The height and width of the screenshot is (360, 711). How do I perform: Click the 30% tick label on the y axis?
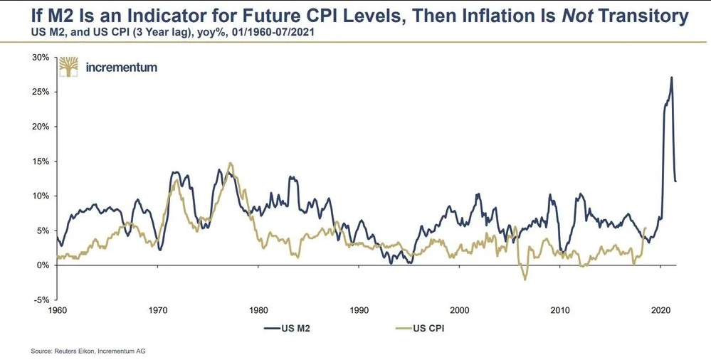[x=39, y=57]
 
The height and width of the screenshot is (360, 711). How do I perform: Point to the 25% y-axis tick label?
[x=39, y=92]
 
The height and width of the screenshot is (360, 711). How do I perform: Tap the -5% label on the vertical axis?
[x=40, y=300]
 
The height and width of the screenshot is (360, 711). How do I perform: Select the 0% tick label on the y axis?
[x=41, y=265]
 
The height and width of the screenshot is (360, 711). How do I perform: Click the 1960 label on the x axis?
[x=57, y=311]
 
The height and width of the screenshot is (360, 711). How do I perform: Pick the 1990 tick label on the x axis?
[x=359, y=311]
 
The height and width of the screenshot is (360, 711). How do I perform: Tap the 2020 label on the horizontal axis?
[x=661, y=311]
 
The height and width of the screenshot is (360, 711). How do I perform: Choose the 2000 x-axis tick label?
[x=460, y=311]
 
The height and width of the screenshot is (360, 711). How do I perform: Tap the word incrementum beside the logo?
[x=121, y=68]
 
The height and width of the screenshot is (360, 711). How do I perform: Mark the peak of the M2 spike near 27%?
[x=671, y=78]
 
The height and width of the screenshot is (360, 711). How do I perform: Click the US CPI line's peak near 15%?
[x=230, y=164]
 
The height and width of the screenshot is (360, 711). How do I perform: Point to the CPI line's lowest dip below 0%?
[x=525, y=280]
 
